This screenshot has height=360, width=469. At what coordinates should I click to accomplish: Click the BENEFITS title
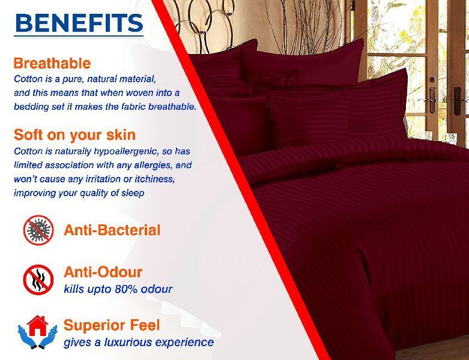pos(79,23)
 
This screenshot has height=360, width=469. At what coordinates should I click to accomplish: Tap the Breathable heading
pos(52,64)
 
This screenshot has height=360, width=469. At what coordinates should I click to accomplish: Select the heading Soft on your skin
pos(75,135)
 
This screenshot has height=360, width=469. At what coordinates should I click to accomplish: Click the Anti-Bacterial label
pos(112,230)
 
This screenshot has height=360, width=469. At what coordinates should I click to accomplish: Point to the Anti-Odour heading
pos(103,272)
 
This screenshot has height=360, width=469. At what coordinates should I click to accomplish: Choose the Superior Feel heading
pos(112,325)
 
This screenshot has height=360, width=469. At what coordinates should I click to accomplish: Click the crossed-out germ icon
pos(38,230)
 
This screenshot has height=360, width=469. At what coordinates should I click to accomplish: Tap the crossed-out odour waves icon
pos(38,280)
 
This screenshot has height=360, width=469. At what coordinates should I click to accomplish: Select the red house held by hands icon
pos(37,332)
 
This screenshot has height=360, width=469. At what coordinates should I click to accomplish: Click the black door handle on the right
pos(458,101)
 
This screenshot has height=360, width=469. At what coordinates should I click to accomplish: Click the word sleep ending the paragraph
pos(133,193)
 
